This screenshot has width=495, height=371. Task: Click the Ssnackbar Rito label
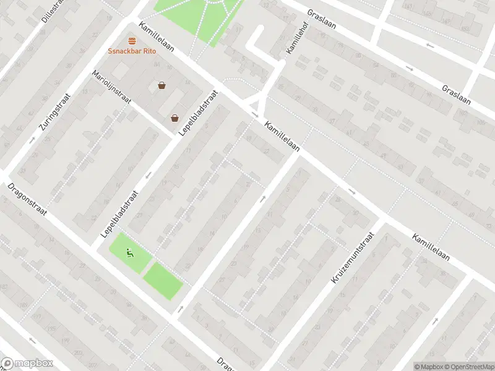[132, 51]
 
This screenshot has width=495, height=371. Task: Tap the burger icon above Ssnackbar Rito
[132, 41]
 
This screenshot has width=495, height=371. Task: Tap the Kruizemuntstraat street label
[353, 258]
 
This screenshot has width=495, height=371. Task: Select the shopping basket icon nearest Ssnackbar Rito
[161, 86]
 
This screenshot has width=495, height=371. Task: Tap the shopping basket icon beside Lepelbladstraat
[176, 117]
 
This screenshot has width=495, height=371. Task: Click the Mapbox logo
[27, 364]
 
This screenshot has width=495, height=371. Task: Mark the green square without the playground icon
[163, 281]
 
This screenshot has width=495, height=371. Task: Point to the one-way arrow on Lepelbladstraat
[148, 175]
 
